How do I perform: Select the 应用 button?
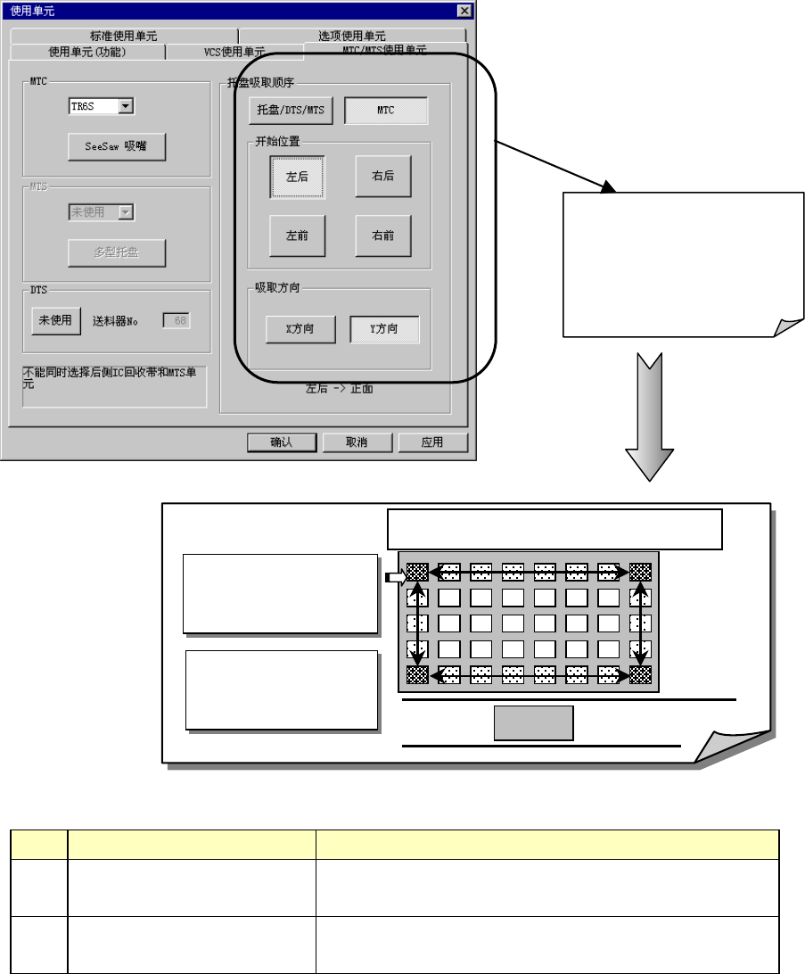(432, 442)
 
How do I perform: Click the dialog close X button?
(464, 10)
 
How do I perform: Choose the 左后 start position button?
(297, 177)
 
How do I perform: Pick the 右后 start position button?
(383, 177)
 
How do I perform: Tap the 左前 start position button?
(297, 236)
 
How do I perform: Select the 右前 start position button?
(383, 236)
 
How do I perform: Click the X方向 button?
(300, 329)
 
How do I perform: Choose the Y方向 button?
(383, 329)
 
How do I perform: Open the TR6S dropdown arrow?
(126, 106)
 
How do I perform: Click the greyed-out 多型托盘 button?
(117, 252)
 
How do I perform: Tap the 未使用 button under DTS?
(55, 321)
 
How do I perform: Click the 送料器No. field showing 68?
(176, 321)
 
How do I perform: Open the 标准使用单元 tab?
(123, 37)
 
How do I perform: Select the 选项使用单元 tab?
(352, 37)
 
